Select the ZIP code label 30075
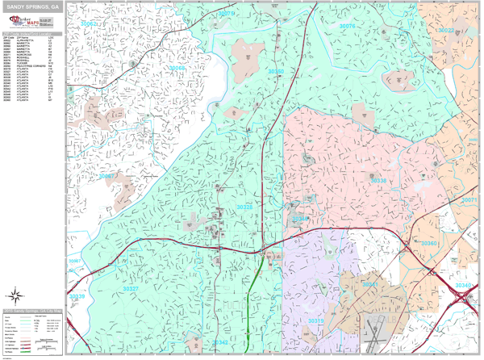347,26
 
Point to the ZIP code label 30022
447,31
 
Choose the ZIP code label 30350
276,71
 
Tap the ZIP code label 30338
379,181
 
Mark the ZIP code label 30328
245,207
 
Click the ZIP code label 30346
300,219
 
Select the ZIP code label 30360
429,243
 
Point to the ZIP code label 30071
469,199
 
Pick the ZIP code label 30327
131,288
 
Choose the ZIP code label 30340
463,286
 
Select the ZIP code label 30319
315,320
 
